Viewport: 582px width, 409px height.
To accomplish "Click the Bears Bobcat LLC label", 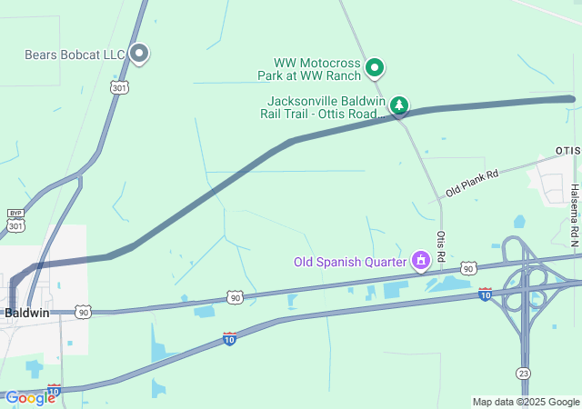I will (x=75, y=55).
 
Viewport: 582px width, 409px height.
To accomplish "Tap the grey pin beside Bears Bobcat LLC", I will (x=139, y=54).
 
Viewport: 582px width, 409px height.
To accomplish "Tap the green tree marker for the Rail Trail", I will (x=398, y=106).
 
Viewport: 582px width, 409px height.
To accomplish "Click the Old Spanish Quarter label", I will (x=349, y=262).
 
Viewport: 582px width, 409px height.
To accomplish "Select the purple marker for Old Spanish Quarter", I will (x=420, y=262).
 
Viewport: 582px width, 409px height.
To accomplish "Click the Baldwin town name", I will (x=25, y=312).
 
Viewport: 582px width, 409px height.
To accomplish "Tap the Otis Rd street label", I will (x=441, y=245).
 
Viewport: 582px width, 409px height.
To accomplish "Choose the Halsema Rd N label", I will (x=574, y=216).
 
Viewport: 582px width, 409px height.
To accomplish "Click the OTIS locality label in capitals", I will (x=567, y=150).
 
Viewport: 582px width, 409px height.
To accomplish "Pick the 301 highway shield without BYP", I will (x=118, y=87).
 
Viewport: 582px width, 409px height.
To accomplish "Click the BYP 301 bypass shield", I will (x=15, y=219).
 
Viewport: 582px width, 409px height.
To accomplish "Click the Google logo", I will (x=29, y=398).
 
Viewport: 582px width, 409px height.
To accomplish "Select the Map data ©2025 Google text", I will (x=526, y=402).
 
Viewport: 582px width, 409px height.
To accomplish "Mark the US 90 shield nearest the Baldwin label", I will (x=84, y=312).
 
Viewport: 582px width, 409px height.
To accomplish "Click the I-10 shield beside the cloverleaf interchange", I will (x=485, y=294).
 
